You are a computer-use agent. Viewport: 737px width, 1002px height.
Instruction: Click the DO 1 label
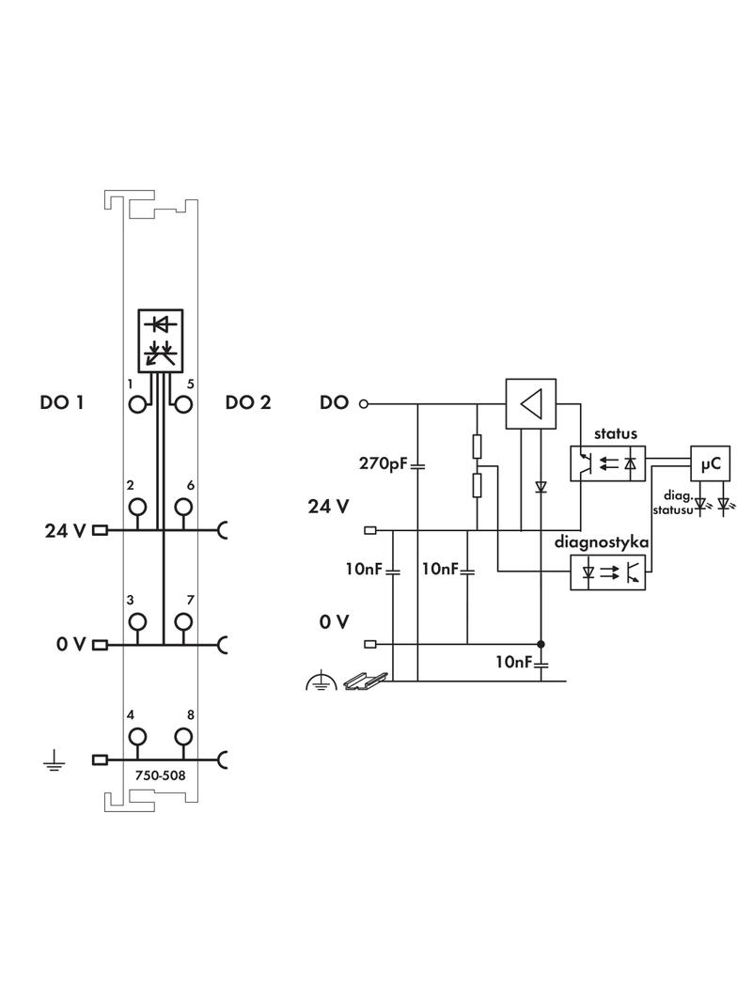62,402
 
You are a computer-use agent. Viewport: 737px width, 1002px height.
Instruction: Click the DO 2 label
248,402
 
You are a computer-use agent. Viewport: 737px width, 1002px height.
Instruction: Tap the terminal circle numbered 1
138,404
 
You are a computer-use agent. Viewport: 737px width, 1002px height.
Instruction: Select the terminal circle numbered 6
183,508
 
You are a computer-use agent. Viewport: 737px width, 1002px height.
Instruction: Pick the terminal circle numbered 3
138,621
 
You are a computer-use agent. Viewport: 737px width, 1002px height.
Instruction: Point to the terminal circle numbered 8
183,736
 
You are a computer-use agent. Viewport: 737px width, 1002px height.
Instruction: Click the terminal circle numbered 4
138,736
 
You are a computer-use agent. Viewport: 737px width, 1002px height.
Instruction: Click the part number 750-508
161,776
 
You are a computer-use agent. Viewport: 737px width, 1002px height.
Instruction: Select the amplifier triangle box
531,404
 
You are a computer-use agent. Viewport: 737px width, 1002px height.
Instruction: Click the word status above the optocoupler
615,434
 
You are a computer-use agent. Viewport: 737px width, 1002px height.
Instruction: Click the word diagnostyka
602,542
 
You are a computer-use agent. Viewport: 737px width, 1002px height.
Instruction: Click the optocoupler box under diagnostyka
608,571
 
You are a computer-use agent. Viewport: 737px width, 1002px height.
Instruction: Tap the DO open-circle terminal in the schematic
364,404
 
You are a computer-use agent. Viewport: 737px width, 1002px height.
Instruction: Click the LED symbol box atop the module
161,339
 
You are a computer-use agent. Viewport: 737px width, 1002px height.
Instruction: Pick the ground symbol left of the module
54,760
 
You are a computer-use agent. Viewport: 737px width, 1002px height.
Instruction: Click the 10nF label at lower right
514,662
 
